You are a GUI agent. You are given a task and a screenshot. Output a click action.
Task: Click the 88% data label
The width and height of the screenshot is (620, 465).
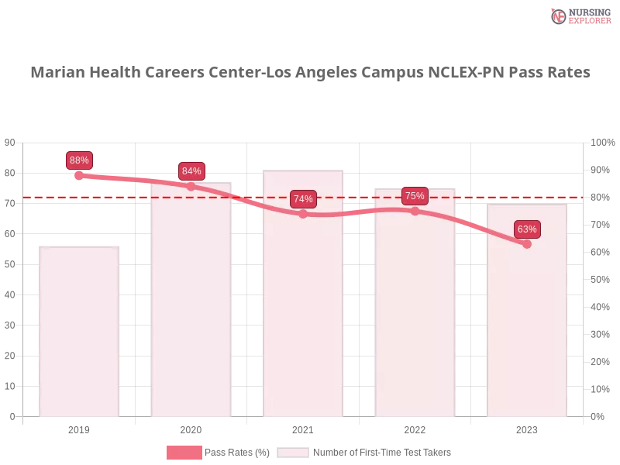click(79, 160)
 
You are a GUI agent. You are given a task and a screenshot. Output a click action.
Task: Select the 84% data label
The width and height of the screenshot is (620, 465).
click(191, 171)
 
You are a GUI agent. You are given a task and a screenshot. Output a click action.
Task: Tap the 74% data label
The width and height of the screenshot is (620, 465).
click(303, 199)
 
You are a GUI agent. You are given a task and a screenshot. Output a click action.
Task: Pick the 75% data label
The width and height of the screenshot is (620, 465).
click(415, 196)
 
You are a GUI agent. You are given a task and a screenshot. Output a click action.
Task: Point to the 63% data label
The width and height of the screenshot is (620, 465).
click(527, 229)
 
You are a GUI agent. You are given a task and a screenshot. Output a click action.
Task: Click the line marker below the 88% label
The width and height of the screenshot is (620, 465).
click(79, 177)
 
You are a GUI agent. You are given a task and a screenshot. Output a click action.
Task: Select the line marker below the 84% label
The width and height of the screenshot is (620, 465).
click(191, 186)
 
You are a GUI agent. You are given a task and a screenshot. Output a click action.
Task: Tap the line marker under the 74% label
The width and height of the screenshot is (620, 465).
click(303, 214)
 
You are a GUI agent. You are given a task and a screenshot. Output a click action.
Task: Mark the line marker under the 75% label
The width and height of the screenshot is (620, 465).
click(415, 211)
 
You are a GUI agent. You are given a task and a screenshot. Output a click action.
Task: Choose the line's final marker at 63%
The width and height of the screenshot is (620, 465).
click(527, 244)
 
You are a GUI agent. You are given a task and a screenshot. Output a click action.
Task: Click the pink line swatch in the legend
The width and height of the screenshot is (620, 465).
click(184, 453)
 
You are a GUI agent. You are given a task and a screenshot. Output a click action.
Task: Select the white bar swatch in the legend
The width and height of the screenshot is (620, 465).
click(293, 453)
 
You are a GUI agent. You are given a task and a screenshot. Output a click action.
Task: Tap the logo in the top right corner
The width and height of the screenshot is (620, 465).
click(579, 15)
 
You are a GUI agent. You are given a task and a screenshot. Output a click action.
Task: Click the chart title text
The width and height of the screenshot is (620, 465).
click(313, 73)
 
